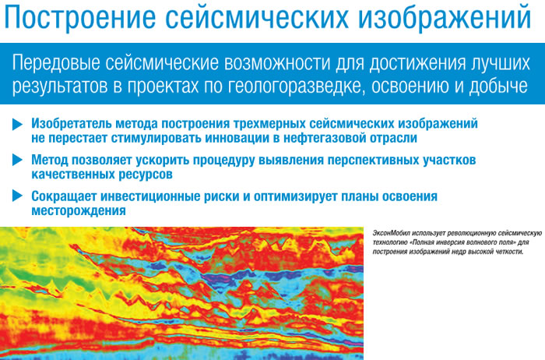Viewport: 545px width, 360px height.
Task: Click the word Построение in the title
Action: (79, 17)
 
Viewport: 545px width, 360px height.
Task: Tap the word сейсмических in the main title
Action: (256, 17)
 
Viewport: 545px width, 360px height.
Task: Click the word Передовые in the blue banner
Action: (56, 63)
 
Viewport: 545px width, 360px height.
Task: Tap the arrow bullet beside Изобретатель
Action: (17, 124)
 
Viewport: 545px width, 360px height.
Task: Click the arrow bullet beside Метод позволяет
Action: (17, 160)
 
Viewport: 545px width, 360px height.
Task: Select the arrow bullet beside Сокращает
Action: (17, 196)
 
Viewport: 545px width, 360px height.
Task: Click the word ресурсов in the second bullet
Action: (146, 175)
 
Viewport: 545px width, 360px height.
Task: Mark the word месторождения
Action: (79, 211)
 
